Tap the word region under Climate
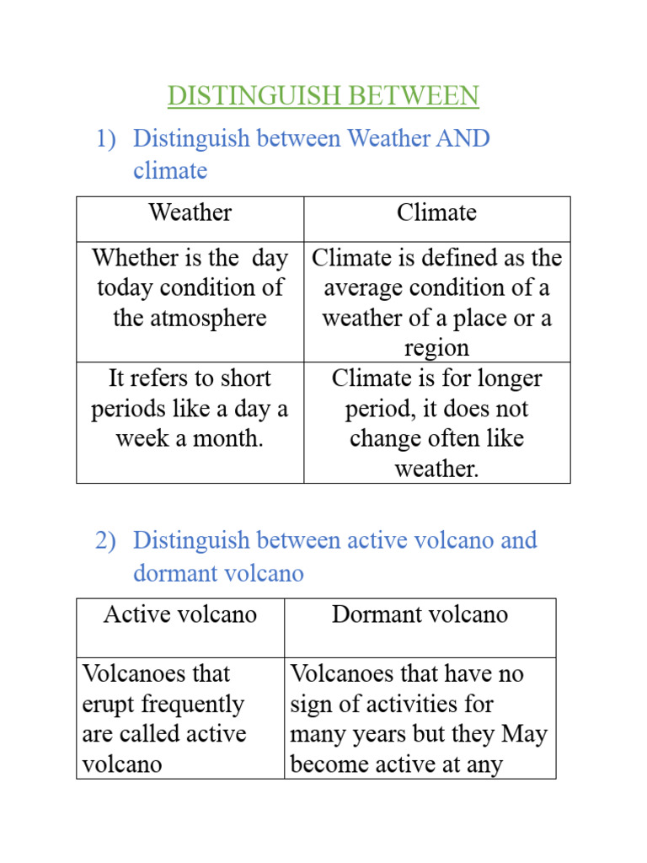436,349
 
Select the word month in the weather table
228,439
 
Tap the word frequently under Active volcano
189,705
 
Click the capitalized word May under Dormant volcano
524,735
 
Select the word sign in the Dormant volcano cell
309,705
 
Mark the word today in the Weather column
126,288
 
